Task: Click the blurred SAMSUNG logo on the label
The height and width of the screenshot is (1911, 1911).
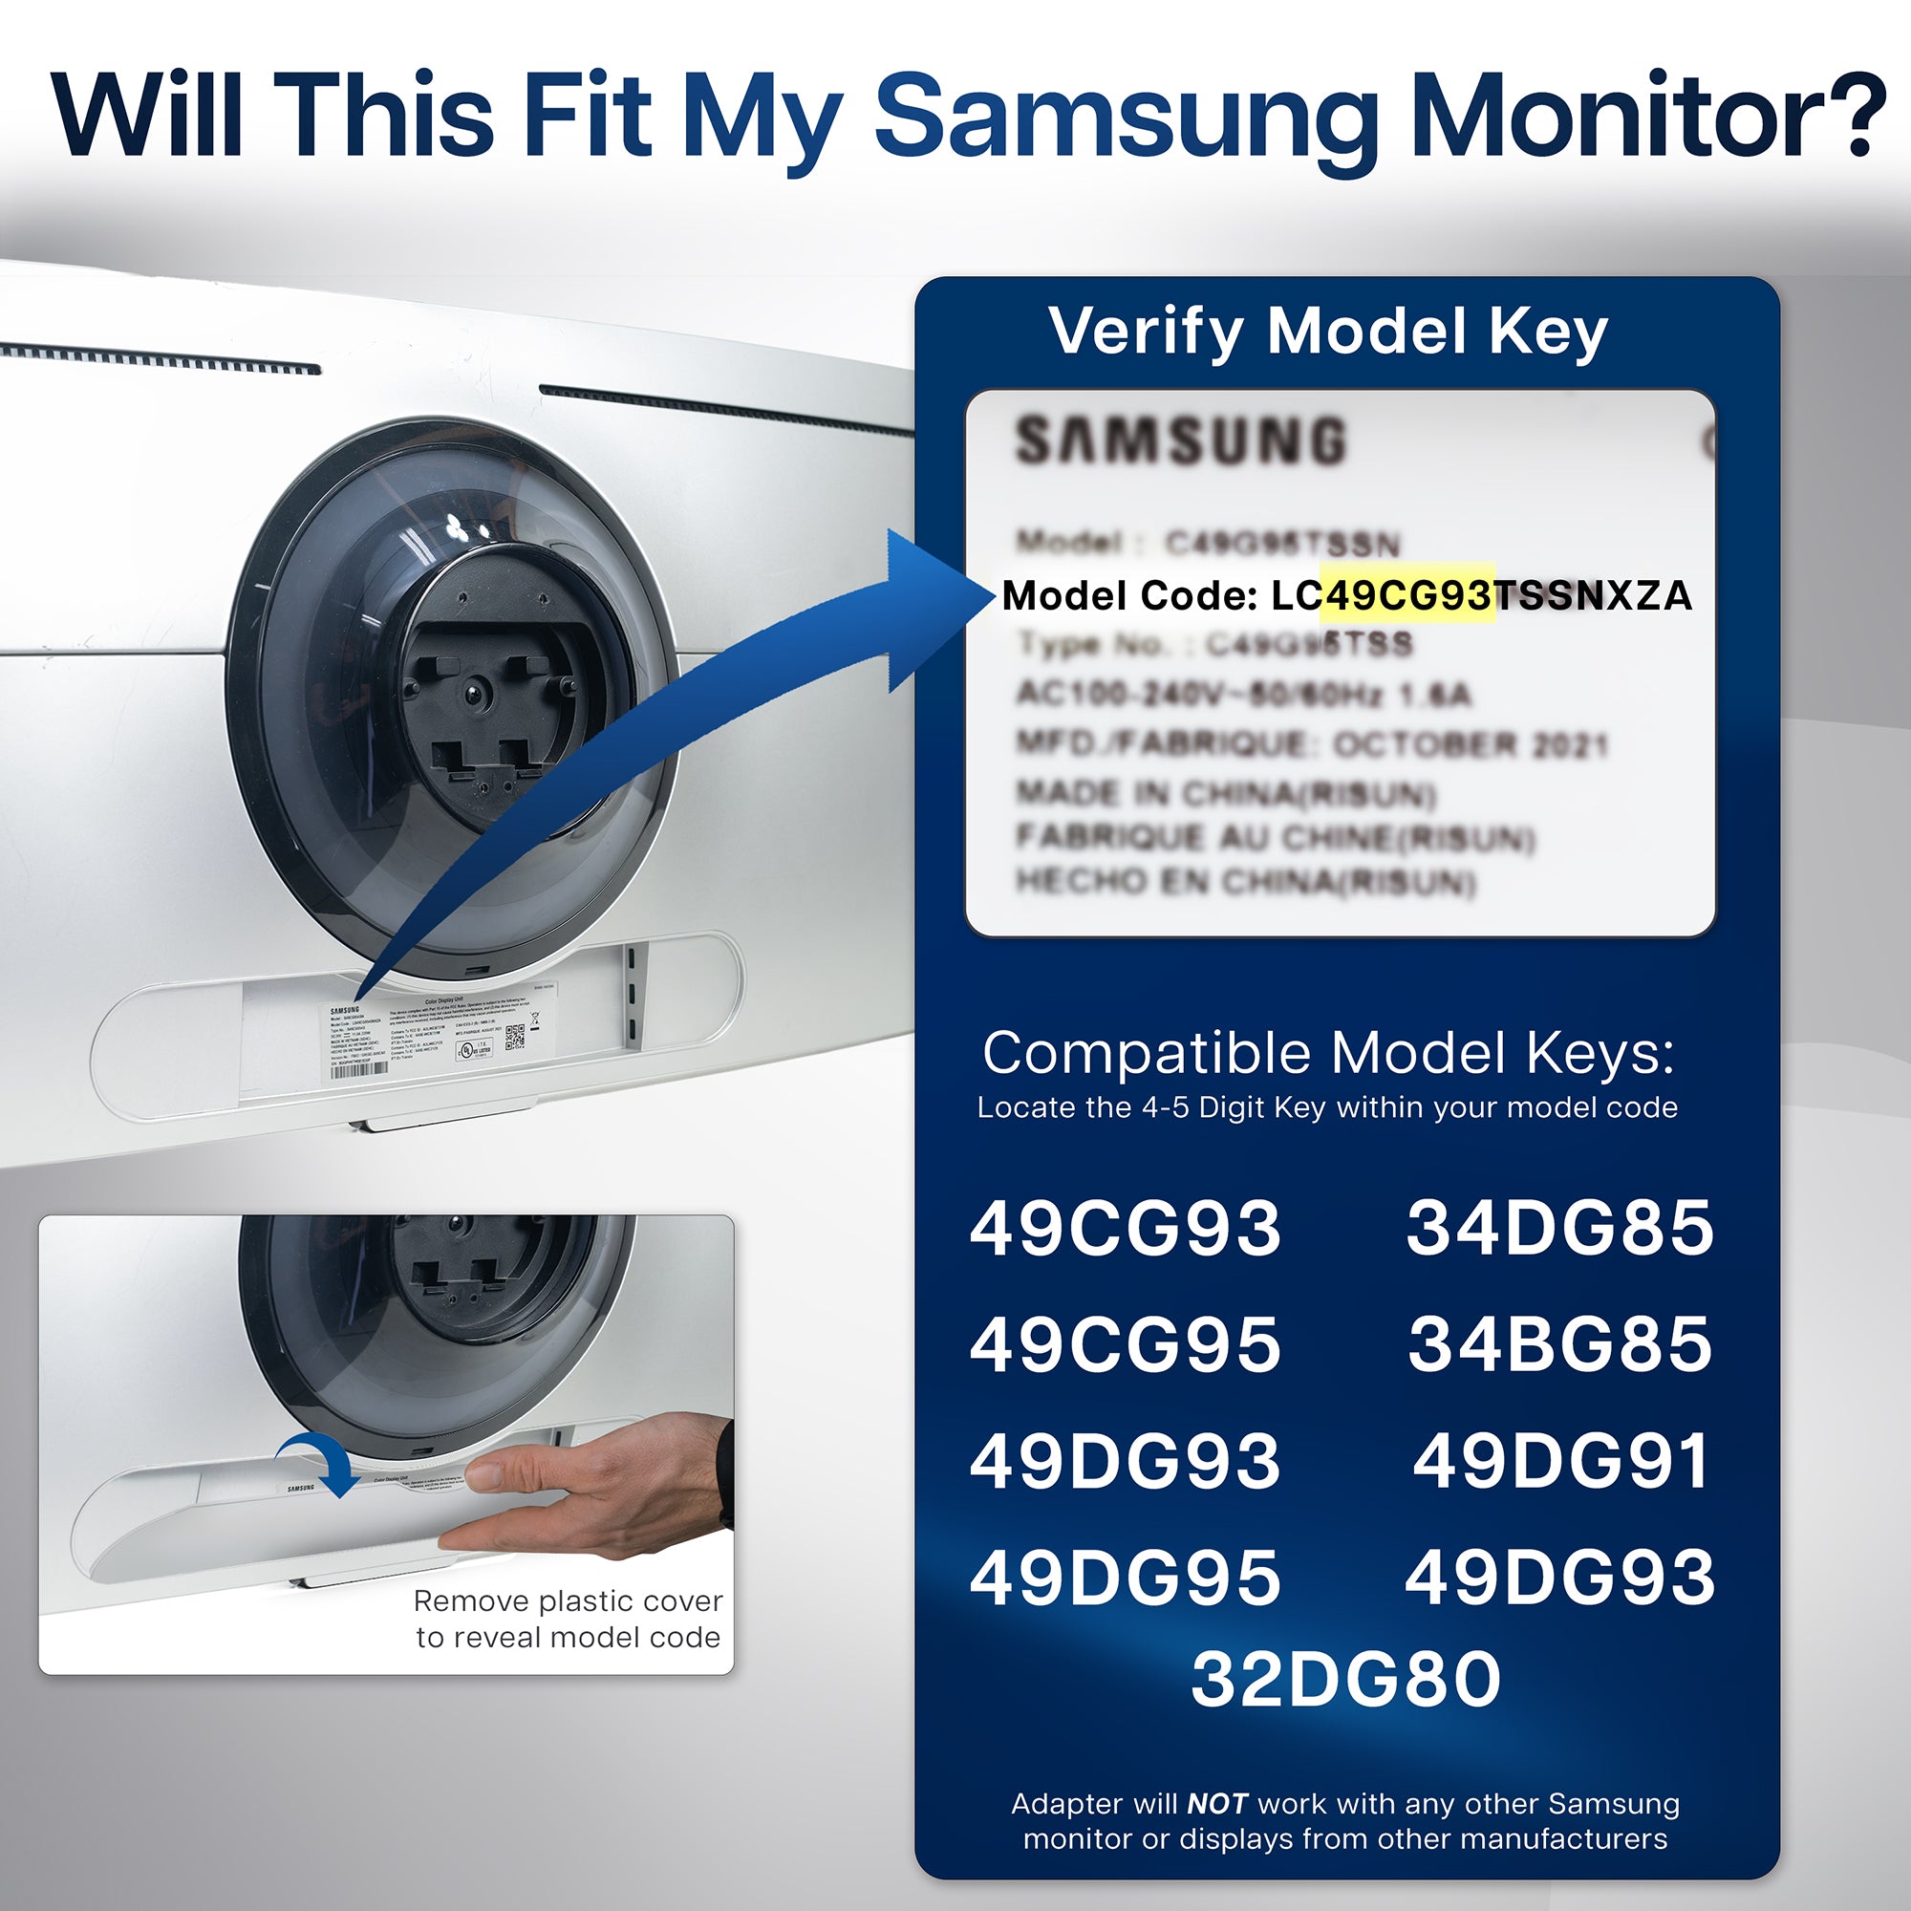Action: click(x=1181, y=440)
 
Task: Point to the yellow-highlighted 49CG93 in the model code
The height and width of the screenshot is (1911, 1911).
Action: click(x=1406, y=595)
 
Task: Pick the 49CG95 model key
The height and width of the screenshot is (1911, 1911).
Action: click(x=1126, y=1344)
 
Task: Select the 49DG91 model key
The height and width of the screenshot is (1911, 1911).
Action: click(x=1561, y=1461)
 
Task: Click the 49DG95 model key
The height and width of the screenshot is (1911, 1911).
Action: click(x=1126, y=1577)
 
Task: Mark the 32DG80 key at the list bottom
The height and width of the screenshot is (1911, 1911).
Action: click(x=1346, y=1680)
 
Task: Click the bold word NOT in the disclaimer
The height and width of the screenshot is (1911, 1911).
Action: click(x=1216, y=1804)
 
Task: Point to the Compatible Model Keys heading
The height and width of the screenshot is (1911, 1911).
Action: click(x=1328, y=1053)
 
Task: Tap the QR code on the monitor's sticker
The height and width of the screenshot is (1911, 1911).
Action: click(x=515, y=1036)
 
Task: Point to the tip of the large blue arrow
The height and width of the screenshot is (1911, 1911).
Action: click(x=989, y=596)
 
